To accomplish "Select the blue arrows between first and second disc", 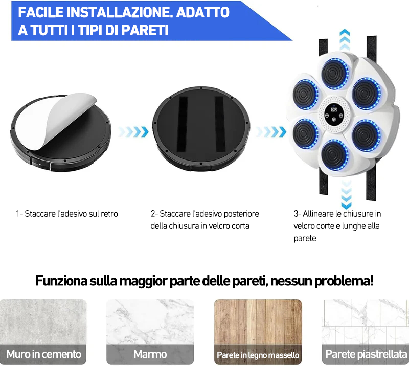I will click(x=133, y=132).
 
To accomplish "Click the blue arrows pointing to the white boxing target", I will click(x=271, y=132).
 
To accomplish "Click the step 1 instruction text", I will click(x=66, y=214).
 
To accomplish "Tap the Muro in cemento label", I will click(x=44, y=354).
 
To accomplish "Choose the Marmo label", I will click(x=150, y=354).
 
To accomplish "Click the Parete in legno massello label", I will click(x=258, y=354).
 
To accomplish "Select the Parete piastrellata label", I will click(x=366, y=354).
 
